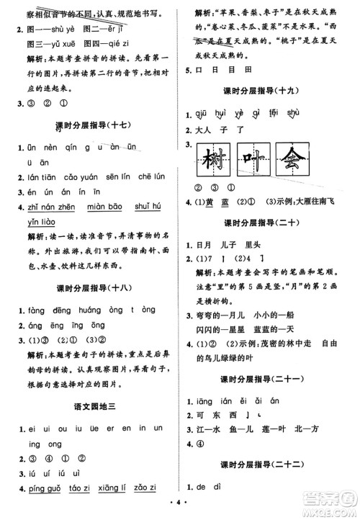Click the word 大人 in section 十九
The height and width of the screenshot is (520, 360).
(x=204, y=130)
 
